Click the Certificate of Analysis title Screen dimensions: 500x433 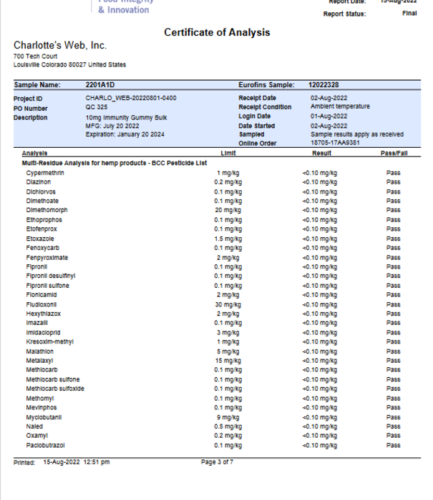[x=217, y=33]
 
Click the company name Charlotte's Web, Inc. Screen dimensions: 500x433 [x=60, y=46]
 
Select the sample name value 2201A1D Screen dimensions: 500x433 [x=99, y=85]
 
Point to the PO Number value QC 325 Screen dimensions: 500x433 [x=96, y=107]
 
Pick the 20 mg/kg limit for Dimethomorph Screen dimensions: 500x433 [x=228, y=211]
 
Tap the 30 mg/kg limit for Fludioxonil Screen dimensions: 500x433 [x=228, y=304]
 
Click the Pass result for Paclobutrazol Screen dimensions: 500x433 [x=393, y=445]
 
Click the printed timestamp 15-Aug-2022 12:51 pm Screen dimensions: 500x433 [x=77, y=462]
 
